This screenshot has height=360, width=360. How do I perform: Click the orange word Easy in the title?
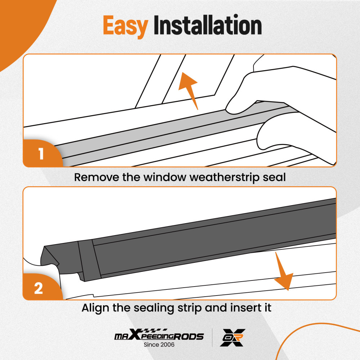pos(125,26)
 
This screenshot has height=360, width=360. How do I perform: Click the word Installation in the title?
pos(207,26)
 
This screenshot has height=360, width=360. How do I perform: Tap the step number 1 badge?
pos(41,154)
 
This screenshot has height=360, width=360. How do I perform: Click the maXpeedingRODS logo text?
pos(158,337)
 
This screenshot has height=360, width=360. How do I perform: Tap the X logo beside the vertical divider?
pos(233,338)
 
